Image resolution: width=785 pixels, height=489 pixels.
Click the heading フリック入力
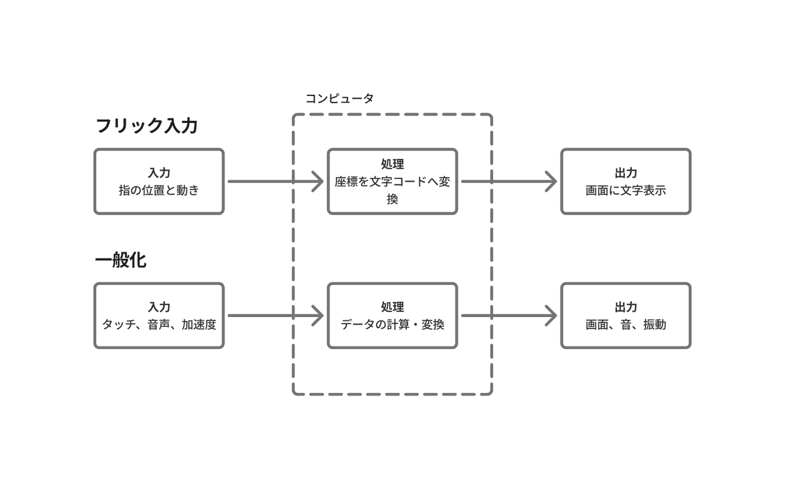147,126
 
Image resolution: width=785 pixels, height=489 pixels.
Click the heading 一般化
120,260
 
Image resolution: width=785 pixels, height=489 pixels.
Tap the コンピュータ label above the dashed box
340,98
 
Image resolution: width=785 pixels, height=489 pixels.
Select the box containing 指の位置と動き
159,181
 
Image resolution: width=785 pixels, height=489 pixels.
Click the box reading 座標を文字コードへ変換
392,181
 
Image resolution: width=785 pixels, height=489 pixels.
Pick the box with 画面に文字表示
625,181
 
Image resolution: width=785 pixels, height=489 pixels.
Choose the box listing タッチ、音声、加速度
159,315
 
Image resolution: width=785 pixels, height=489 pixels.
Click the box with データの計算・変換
392,315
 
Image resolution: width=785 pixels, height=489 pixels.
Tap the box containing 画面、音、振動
625,315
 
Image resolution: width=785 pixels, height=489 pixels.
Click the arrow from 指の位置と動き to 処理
275,181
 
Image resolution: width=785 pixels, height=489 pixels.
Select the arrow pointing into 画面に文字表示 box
508,181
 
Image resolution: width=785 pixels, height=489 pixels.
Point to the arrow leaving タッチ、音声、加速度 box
275,316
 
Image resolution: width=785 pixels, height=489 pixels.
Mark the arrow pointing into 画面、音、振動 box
508,316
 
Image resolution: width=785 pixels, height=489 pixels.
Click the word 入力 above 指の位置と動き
159,173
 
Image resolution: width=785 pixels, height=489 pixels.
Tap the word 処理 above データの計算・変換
392,307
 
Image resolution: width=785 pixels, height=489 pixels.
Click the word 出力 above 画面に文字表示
625,173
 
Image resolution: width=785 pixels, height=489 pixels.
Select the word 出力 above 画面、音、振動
625,307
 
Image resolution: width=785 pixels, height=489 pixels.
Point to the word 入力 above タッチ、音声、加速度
159,307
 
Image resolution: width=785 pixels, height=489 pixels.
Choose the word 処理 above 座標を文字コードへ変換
392,164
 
